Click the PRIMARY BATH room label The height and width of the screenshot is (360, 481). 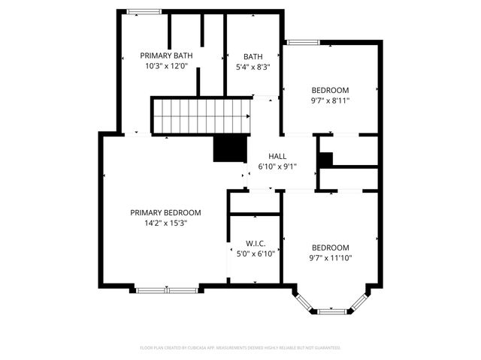pyautogui.click(x=167, y=55)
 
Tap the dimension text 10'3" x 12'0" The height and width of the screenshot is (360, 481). pyautogui.click(x=167, y=66)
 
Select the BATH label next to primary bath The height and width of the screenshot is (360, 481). pyautogui.click(x=253, y=56)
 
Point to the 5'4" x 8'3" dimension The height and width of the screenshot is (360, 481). pyautogui.click(x=253, y=67)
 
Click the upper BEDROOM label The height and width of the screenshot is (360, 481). pyautogui.click(x=330, y=90)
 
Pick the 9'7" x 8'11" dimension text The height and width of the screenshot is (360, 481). pyautogui.click(x=330, y=100)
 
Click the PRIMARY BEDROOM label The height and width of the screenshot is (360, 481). pyautogui.click(x=165, y=212)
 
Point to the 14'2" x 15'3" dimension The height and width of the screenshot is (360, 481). pyautogui.click(x=165, y=223)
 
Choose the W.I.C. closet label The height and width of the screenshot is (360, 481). pyautogui.click(x=256, y=244)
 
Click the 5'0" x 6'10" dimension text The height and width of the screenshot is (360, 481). pyautogui.click(x=256, y=253)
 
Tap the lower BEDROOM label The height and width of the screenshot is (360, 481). pyautogui.click(x=330, y=248)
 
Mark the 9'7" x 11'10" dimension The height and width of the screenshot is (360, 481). pyautogui.click(x=330, y=258)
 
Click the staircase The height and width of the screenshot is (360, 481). pyautogui.click(x=201, y=115)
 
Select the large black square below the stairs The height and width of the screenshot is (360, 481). pyautogui.click(x=230, y=148)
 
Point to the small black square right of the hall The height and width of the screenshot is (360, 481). pyautogui.click(x=325, y=160)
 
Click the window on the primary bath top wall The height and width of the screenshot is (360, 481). pyautogui.click(x=143, y=11)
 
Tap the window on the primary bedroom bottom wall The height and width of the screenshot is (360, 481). pyautogui.click(x=167, y=289)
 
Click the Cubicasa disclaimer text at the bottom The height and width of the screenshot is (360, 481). pyautogui.click(x=240, y=348)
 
